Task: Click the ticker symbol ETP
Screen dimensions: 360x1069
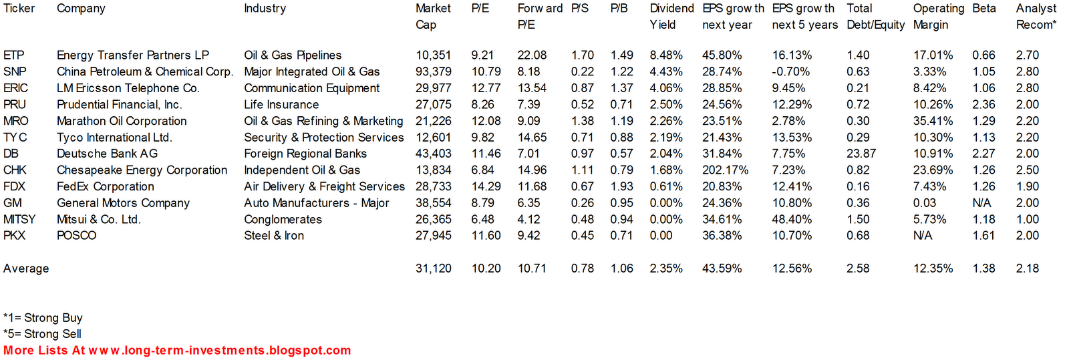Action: (x=13, y=55)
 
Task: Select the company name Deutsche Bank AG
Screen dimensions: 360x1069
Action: (x=107, y=154)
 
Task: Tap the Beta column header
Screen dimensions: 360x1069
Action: (x=983, y=9)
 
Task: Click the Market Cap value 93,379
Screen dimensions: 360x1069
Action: (x=433, y=71)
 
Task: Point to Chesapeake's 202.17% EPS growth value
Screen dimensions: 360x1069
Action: (x=725, y=170)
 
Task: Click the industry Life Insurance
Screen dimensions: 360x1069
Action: (x=281, y=105)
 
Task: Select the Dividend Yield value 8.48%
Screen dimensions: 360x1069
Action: (x=666, y=55)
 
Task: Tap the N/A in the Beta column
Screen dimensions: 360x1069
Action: (x=981, y=203)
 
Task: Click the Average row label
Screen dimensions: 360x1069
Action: (x=26, y=268)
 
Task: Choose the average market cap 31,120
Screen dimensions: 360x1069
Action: (x=433, y=268)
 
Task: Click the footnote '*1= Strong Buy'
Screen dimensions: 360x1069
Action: (x=43, y=318)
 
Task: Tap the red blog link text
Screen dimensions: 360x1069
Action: (x=177, y=351)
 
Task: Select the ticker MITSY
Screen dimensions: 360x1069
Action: (x=19, y=220)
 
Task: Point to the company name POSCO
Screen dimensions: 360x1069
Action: (x=76, y=236)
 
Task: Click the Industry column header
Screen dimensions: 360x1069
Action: (x=265, y=9)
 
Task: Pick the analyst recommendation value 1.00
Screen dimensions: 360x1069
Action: (x=1027, y=220)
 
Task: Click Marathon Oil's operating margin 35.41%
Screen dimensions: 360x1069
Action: (x=933, y=121)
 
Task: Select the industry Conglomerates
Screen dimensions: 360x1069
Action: (x=283, y=220)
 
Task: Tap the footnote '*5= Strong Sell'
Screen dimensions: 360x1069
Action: (x=42, y=334)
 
